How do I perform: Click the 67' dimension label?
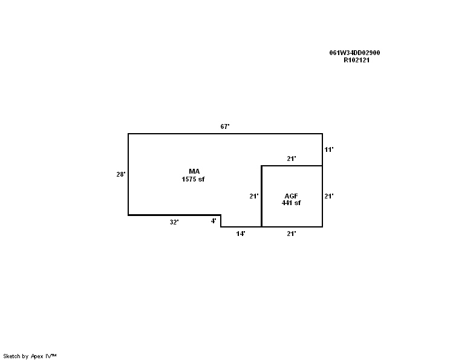pos(225,126)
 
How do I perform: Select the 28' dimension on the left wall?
pos(121,174)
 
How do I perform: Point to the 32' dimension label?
pos(174,222)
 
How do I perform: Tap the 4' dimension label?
pos(214,221)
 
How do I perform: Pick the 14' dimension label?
pos(241,234)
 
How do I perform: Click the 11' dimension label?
pos(329,149)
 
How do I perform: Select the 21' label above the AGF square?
pos(292,159)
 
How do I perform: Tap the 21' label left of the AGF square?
pos(253,196)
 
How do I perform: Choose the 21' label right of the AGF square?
pos(329,196)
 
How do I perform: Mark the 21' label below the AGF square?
pos(292,234)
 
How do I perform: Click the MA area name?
pos(194,171)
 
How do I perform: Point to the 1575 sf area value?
pos(193,179)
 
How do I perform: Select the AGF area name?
pos(291,196)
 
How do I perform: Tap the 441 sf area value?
pos(291,203)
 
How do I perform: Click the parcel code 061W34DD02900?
pos(354,53)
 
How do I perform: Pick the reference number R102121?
pos(356,61)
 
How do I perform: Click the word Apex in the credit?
pos(37,356)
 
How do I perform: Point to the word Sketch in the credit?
pos(11,356)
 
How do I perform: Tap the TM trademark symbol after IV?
pos(54,355)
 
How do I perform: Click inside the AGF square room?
pos(292,212)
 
